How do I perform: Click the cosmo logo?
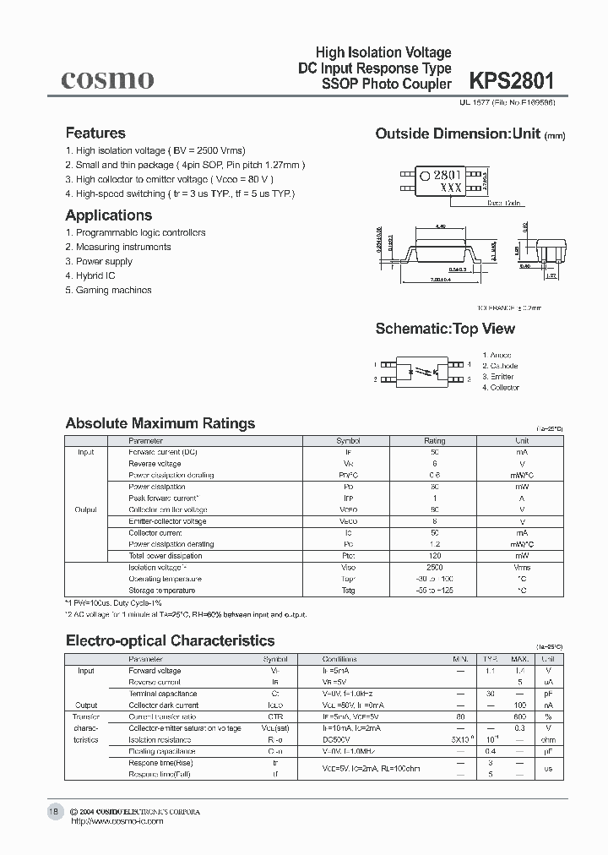(107, 79)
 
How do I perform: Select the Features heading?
(95, 133)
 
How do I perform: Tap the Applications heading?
(108, 215)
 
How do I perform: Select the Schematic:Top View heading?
(444, 329)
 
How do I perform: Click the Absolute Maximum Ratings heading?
(160, 423)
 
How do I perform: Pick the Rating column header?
(434, 441)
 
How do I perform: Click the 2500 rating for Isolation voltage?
(434, 568)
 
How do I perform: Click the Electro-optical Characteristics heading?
(170, 640)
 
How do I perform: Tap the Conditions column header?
(339, 659)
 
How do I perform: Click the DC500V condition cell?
(337, 739)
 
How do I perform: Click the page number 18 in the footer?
(53, 811)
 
